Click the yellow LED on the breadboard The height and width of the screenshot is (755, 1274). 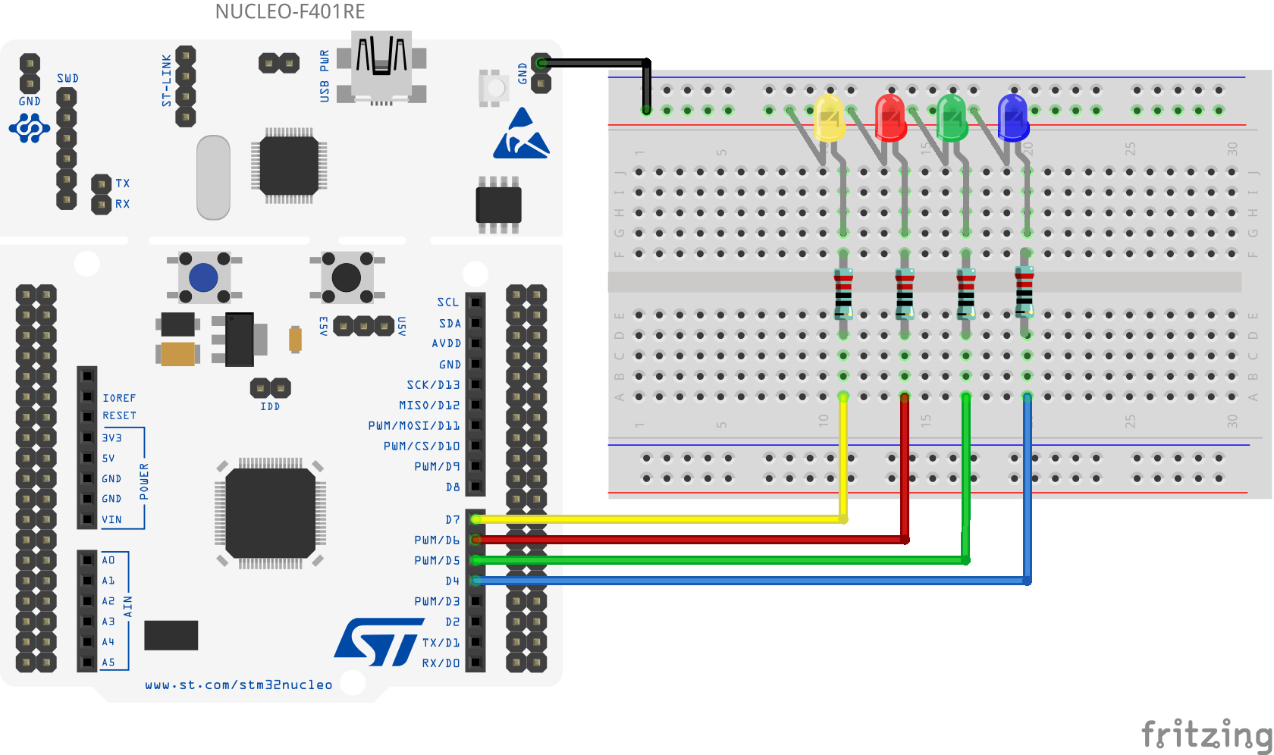tap(829, 117)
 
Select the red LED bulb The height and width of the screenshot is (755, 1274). tap(890, 117)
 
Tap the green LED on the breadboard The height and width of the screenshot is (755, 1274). tap(952, 117)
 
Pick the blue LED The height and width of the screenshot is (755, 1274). tap(1013, 117)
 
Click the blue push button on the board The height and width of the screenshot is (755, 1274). tap(203, 278)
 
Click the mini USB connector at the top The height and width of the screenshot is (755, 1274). tap(381, 67)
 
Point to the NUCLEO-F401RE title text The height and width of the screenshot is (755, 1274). tap(290, 11)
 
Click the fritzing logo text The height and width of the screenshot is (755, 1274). tap(1206, 734)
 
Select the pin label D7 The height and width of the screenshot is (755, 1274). tap(453, 520)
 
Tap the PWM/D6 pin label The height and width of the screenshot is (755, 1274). tap(437, 540)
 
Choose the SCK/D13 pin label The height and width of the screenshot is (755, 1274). tap(433, 385)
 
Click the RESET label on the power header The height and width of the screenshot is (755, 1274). tap(120, 415)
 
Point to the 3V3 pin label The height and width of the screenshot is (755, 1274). tap(112, 438)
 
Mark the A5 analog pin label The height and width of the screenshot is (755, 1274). tap(108, 663)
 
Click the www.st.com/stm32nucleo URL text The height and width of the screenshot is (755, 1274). tap(239, 685)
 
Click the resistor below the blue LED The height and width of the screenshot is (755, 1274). tap(1025, 292)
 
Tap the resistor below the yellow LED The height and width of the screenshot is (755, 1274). tap(843, 294)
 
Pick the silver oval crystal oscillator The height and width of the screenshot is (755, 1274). tap(213, 177)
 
